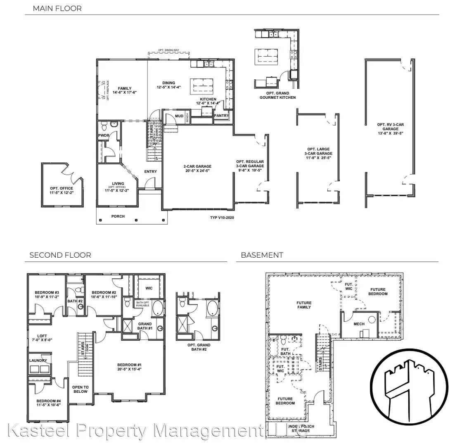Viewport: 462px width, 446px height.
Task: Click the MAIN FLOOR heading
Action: click(57, 8)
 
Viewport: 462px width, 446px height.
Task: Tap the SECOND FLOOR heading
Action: click(60, 255)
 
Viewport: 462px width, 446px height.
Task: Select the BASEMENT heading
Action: click(262, 255)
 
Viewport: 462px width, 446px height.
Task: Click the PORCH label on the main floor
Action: click(118, 216)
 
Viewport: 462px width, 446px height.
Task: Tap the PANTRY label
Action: click(222, 116)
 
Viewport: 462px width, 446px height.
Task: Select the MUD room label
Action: click(179, 116)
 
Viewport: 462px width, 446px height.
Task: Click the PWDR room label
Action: click(103, 135)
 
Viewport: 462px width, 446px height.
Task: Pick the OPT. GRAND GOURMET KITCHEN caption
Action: click(277, 95)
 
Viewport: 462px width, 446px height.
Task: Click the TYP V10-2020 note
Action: click(222, 218)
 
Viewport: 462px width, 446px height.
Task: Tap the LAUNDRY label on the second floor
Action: click(38, 361)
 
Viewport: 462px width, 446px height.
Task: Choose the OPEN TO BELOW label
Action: click(81, 389)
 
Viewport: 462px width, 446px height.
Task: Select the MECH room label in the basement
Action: click(359, 324)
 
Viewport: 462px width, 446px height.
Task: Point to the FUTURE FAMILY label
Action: click(304, 305)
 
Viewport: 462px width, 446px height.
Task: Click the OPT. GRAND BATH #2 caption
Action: click(199, 347)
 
